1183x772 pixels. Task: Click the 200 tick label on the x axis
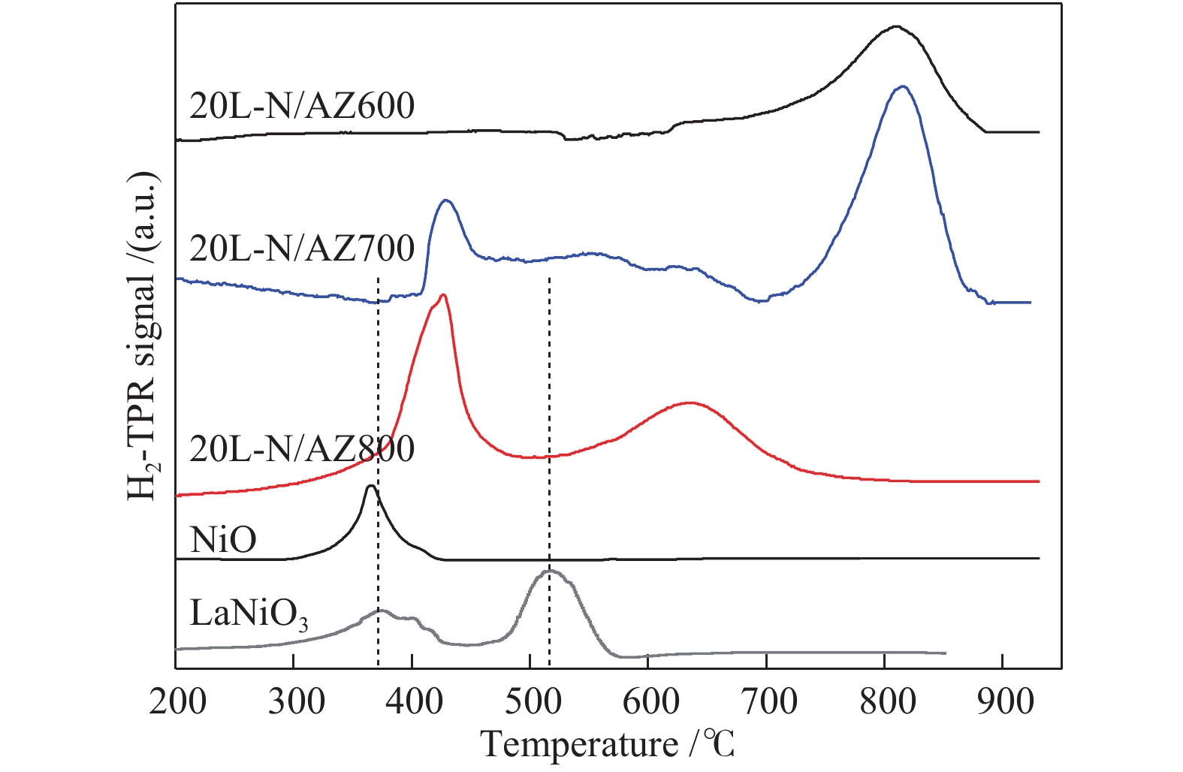tap(177, 702)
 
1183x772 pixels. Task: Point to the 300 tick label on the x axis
tap(295, 702)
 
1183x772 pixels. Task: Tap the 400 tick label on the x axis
tap(413, 702)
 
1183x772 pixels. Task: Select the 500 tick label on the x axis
tap(531, 702)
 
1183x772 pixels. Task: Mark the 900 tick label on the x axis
tap(1003, 702)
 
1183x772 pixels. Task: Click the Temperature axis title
tap(608, 744)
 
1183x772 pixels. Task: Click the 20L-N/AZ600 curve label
tap(302, 106)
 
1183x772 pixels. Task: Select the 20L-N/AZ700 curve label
tap(302, 248)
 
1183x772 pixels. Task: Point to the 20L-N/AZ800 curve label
tap(302, 449)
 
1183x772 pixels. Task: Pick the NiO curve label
tap(223, 539)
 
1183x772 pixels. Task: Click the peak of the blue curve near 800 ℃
tap(903, 86)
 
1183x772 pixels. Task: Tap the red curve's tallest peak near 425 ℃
tap(443, 295)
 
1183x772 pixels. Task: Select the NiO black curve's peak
tap(370, 486)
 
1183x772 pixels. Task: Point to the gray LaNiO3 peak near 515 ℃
tap(549, 571)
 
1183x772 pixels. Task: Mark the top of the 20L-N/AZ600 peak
tap(895, 26)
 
